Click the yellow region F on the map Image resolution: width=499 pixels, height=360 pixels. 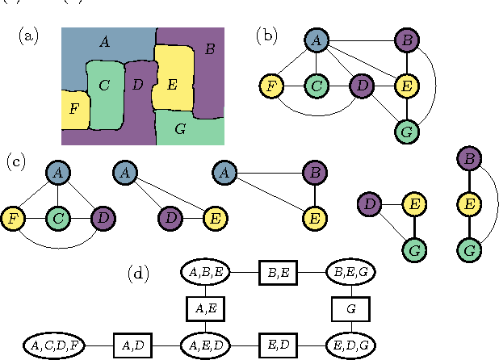pos(75,110)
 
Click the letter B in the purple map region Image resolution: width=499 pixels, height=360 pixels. pos(210,50)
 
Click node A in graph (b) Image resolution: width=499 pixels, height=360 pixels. pos(317,40)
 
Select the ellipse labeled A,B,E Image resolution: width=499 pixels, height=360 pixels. pos(204,274)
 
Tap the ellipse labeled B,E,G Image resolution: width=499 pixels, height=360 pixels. pos(350,274)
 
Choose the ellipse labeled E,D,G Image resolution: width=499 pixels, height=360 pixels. pos(350,345)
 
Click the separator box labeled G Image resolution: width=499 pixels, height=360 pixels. pos(350,309)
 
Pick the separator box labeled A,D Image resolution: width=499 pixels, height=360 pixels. pos(132,345)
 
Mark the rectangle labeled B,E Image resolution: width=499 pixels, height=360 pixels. pos(277,274)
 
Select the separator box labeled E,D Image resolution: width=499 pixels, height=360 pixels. pos(277,345)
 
